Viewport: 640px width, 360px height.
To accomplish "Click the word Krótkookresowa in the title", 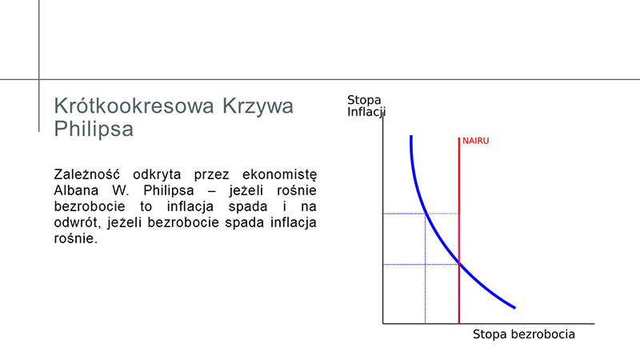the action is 134,106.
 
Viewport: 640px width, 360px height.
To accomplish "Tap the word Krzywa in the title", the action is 258,106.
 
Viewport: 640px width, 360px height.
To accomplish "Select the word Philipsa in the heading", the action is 94,130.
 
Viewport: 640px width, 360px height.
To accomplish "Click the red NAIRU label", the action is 475,141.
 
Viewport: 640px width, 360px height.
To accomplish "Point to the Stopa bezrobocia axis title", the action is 524,334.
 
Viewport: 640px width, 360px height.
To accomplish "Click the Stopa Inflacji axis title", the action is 366,106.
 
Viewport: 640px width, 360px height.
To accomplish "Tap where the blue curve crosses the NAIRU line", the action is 459,265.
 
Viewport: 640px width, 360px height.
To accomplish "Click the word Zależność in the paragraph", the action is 87,174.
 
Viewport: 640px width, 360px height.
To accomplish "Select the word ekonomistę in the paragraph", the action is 279,175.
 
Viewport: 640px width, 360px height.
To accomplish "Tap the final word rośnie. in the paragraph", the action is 76,238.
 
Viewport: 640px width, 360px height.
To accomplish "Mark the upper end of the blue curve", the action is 411,136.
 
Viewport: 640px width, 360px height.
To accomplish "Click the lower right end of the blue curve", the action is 515,308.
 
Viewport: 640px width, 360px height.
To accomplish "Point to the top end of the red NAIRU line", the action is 459,138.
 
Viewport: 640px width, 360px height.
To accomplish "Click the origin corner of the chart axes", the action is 383,324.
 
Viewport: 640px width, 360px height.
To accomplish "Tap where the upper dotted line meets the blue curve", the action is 426,214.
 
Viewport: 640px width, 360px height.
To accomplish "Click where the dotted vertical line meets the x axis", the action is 426,324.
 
